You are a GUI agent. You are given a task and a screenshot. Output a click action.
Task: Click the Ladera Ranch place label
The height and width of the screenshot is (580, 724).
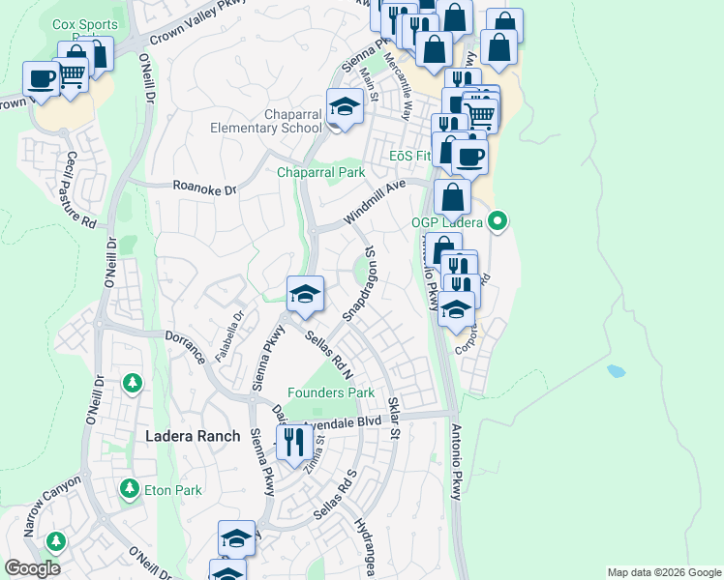192,436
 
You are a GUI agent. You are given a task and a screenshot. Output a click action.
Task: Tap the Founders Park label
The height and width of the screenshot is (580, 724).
330,393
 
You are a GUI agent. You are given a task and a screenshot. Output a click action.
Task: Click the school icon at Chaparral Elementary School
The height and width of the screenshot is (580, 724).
345,106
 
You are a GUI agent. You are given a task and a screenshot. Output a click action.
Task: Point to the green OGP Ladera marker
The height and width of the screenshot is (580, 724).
498,222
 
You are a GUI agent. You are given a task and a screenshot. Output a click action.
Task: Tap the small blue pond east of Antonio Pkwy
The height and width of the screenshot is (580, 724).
616,370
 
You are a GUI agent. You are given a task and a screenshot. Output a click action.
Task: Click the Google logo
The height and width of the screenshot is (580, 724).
32,568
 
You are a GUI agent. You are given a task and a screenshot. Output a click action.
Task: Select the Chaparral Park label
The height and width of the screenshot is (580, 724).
320,173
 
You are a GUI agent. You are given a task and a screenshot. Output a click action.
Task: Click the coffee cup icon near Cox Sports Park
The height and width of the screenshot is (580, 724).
42,78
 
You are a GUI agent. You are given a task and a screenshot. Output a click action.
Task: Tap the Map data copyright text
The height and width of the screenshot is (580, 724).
663,572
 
